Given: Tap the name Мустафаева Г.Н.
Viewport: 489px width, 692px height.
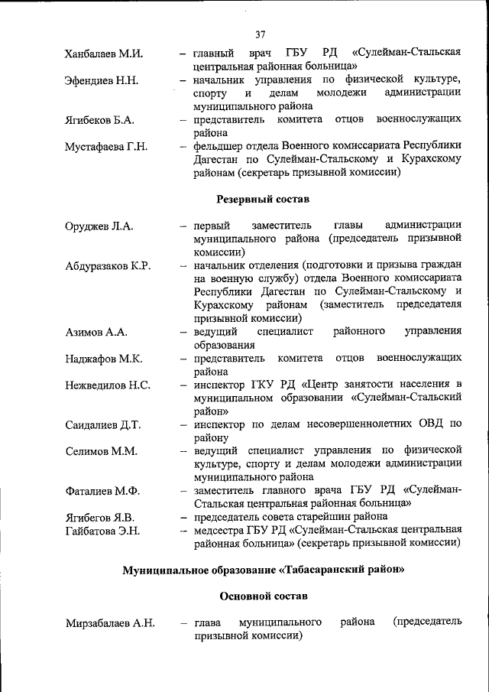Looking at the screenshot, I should tap(106, 147).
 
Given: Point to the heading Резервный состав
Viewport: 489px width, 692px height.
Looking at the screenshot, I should tap(263, 200).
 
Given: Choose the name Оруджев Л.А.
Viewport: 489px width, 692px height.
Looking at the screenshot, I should tap(99, 226).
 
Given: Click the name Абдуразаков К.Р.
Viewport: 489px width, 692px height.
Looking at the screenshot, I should tap(108, 266).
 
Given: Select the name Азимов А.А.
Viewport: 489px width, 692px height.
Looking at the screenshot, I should tap(96, 333).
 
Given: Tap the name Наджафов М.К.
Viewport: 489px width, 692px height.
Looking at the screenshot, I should tap(102, 359).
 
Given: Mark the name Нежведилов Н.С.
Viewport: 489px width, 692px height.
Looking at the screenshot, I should tap(108, 385).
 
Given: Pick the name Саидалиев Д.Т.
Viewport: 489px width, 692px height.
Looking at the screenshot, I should tap(103, 424).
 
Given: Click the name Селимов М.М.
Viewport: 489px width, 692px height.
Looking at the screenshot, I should tap(101, 451).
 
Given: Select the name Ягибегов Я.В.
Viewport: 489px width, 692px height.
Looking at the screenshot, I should tap(100, 518).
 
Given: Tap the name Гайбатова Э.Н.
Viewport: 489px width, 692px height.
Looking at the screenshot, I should tap(102, 531).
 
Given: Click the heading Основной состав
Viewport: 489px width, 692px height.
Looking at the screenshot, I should tap(263, 596).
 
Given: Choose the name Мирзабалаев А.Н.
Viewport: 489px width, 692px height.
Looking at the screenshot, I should tap(110, 623).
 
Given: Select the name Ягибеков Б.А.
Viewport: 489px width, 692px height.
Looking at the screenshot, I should tap(100, 121).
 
